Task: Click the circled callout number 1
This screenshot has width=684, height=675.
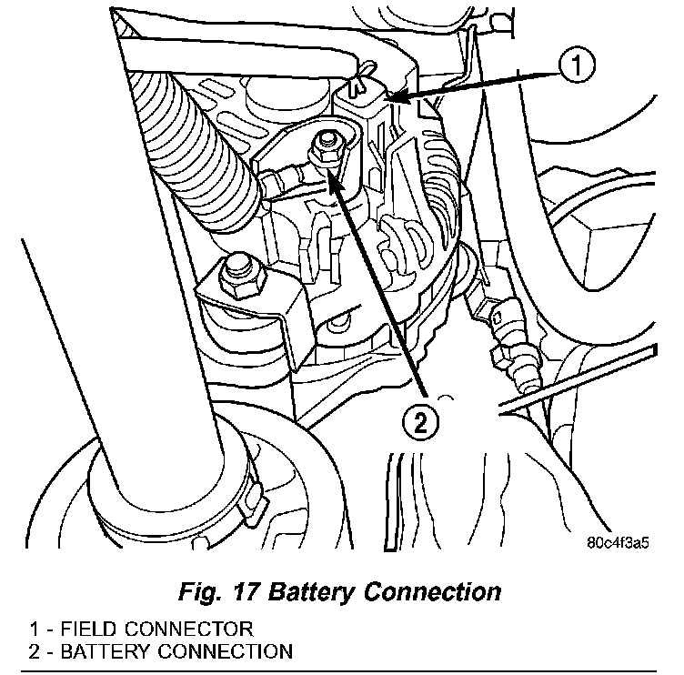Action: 577,65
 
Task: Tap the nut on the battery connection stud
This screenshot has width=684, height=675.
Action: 325,149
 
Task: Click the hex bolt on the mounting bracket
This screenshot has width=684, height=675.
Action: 240,277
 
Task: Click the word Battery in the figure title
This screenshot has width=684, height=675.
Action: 310,592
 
